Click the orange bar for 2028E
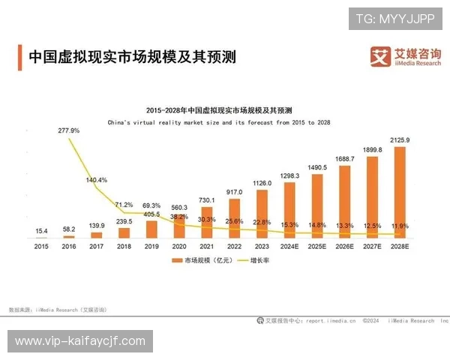[400, 192]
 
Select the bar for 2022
[235, 218]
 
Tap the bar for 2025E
[317, 206]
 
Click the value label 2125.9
[400, 140]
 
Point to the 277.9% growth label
[68, 130]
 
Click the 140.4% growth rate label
[97, 180]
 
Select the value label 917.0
[235, 192]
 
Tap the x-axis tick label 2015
[42, 245]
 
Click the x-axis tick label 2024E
[289, 245]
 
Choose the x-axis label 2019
[152, 245]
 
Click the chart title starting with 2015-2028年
[220, 109]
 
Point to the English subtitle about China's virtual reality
[219, 121]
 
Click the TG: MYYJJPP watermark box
[395, 17]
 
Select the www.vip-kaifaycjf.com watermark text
[80, 341]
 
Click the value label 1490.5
[317, 167]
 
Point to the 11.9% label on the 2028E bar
[400, 225]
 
